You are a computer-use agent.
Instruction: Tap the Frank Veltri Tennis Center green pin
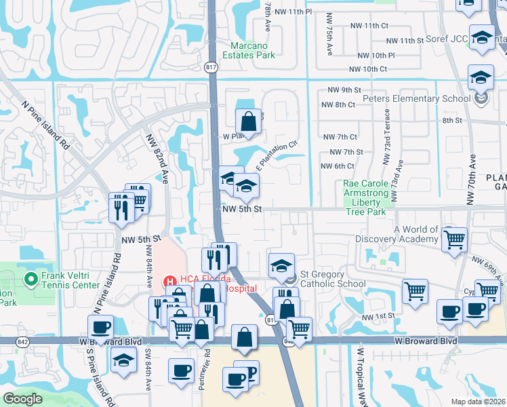point(31,279)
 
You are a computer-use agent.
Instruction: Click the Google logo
point(22,399)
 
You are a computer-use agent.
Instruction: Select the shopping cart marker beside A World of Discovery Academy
point(454,239)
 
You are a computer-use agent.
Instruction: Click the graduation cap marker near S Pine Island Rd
point(123,362)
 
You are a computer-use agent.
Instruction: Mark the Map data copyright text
point(478,402)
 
